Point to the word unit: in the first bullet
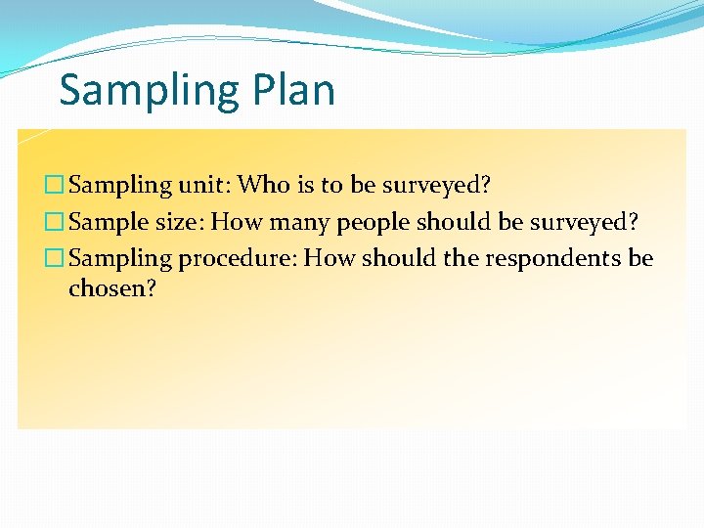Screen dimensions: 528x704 pyautogui.click(x=203, y=185)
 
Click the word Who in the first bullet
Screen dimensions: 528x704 pyautogui.click(x=259, y=184)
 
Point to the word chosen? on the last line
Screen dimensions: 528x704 pyautogui.click(x=112, y=289)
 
